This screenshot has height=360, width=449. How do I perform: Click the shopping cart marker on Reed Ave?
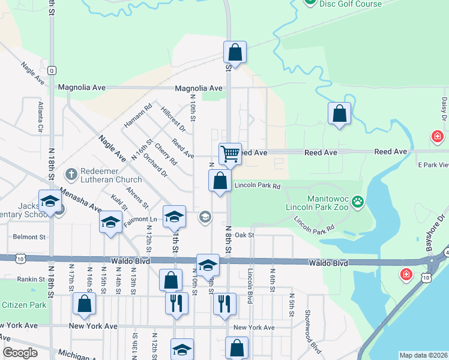[230, 154]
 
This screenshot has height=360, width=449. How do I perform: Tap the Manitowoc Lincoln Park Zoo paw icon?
[358, 202]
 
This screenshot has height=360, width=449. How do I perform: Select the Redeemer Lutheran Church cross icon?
[71, 174]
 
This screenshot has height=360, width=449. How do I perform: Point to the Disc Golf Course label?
[350, 4]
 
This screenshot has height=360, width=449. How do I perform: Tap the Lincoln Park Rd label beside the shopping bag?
[257, 186]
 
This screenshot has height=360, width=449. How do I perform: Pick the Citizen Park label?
[23, 305]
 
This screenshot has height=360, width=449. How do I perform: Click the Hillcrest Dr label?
[173, 119]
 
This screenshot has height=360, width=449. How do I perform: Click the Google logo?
[20, 353]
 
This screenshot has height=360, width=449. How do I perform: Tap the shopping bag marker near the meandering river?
[339, 113]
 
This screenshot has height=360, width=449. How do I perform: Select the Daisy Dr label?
[444, 108]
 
